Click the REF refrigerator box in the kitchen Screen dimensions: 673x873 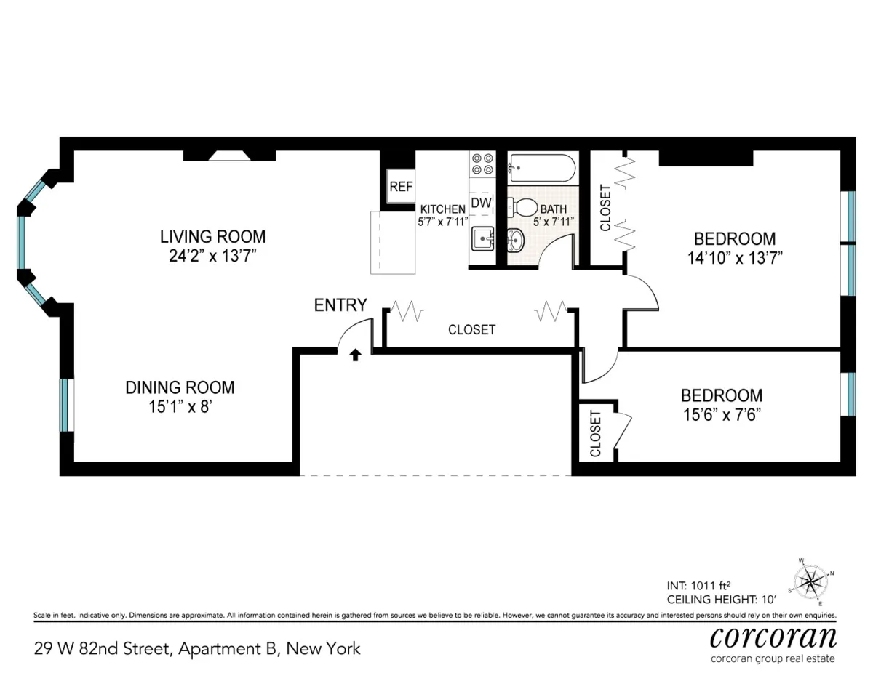401,186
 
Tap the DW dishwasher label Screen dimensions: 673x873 481,203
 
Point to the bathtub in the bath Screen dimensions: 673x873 541,169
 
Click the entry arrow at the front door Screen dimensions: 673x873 356,355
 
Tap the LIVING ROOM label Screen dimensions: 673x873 212,237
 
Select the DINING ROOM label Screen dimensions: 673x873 180,388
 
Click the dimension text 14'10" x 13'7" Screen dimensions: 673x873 734,257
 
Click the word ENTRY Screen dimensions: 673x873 340,305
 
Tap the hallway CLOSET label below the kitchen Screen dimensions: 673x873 471,330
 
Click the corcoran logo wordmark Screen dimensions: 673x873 773,637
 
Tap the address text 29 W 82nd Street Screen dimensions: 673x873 102,648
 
